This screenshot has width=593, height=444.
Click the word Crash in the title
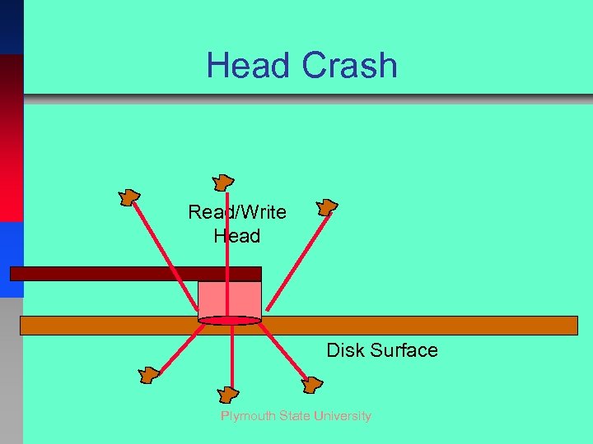coord(349,66)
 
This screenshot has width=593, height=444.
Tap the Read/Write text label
coord(237,212)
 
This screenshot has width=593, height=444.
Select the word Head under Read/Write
coord(237,236)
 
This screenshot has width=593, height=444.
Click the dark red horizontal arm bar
coord(135,274)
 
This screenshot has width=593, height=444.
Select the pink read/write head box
coord(230,298)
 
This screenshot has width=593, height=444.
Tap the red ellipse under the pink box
coord(230,321)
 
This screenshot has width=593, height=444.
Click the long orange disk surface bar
coord(412,325)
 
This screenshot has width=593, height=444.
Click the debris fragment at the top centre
coord(222,183)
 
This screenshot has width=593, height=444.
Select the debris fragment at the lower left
coord(148,375)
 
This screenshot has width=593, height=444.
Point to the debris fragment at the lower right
coord(313,383)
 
